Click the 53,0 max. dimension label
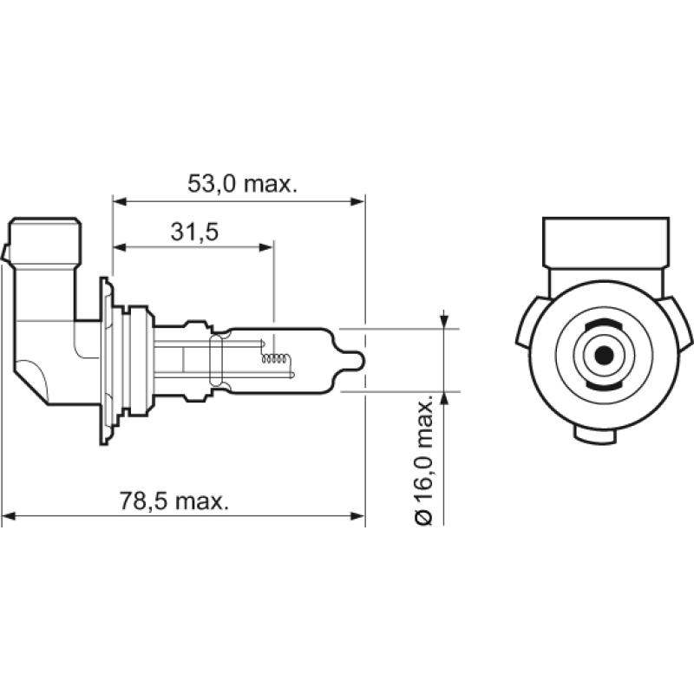pyautogui.click(x=243, y=185)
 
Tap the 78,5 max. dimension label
pyautogui.click(x=173, y=501)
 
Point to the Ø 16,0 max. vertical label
pyautogui.click(x=424, y=461)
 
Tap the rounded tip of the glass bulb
pyautogui.click(x=356, y=358)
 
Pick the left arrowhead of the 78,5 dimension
pyautogui.click(x=9, y=518)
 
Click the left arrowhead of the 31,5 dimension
pyautogui.click(x=120, y=247)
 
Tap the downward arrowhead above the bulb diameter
pyautogui.click(x=444, y=322)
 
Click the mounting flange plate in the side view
pyautogui.click(x=107, y=356)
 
